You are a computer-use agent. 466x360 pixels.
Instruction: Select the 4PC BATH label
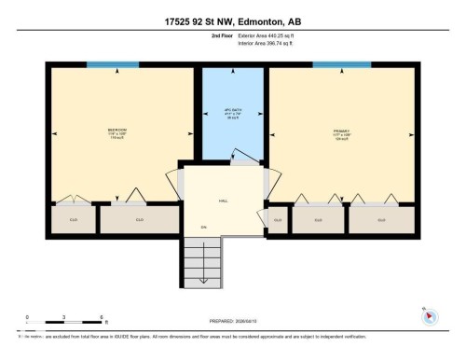pyautogui.click(x=233, y=115)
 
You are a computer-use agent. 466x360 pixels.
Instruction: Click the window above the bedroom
pyautogui.click(x=112, y=64)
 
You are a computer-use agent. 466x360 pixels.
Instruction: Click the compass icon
pyautogui.click(x=430, y=315)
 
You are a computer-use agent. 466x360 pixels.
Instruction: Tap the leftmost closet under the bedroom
pyautogui.click(x=73, y=220)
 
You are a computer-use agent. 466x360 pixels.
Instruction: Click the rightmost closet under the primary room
pyautogui.click(x=381, y=220)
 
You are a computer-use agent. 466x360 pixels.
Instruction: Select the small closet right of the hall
pyautogui.click(x=278, y=220)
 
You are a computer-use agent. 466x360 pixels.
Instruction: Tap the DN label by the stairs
pyautogui.click(x=203, y=227)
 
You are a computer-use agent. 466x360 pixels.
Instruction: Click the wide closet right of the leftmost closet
pyautogui.click(x=139, y=220)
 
